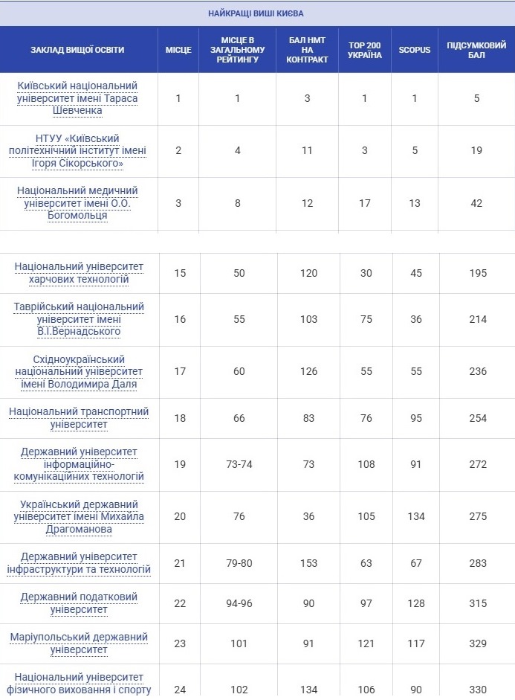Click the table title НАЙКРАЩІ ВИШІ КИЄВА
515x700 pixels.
click(256, 13)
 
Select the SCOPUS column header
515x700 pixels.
click(414, 50)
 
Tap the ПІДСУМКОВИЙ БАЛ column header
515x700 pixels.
click(476, 50)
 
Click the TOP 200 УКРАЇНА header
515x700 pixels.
click(365, 50)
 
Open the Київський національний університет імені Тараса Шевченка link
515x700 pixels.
click(78, 98)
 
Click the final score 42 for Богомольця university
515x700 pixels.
click(476, 203)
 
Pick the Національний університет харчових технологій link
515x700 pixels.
click(79, 273)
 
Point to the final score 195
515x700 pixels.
click(477, 273)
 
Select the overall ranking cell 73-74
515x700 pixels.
click(239, 464)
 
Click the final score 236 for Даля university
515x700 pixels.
click(477, 372)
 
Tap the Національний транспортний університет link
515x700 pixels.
click(79, 418)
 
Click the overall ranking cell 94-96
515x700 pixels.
click(239, 603)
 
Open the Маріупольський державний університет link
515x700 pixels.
click(79, 643)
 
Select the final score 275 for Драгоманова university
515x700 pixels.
click(477, 516)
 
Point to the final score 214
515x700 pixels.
click(477, 319)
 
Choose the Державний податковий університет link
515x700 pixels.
click(79, 603)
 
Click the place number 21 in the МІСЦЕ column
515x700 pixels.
click(179, 563)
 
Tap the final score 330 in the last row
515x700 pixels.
click(477, 690)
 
